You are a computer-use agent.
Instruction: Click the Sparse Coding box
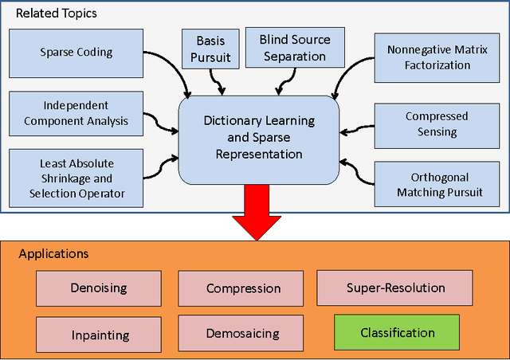(76, 53)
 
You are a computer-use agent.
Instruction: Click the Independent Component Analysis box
(76, 114)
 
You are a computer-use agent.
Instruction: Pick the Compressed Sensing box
(436, 123)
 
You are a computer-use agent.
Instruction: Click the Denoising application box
(98, 288)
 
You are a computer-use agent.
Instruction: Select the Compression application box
(243, 288)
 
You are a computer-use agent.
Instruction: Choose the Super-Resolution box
(395, 288)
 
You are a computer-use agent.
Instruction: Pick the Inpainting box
(98, 333)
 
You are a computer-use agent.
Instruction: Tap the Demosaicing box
(243, 333)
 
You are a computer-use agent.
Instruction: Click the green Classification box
(397, 333)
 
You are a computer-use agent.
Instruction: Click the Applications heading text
(53, 254)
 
